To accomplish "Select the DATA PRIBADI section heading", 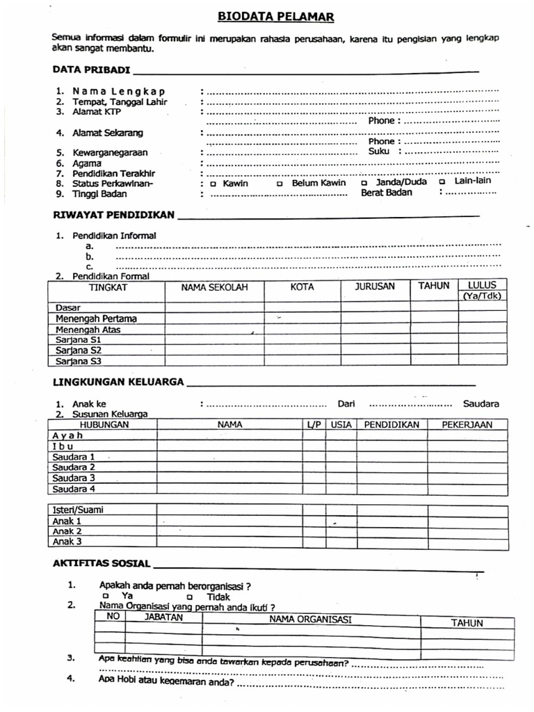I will [x=91, y=70].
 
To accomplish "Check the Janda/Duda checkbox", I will [x=364, y=183].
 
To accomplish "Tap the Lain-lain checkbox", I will [x=442, y=181].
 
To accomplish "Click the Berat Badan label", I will [x=386, y=193].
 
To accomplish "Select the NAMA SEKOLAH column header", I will [x=214, y=287].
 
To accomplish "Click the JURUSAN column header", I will [x=375, y=286].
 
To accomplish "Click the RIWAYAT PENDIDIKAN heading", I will [x=113, y=215].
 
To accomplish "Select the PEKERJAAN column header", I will [x=467, y=424].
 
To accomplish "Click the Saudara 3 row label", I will [x=74, y=478].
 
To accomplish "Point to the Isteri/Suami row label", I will [x=79, y=510].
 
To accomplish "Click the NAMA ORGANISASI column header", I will [x=310, y=620].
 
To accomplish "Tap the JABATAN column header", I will [x=163, y=617].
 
